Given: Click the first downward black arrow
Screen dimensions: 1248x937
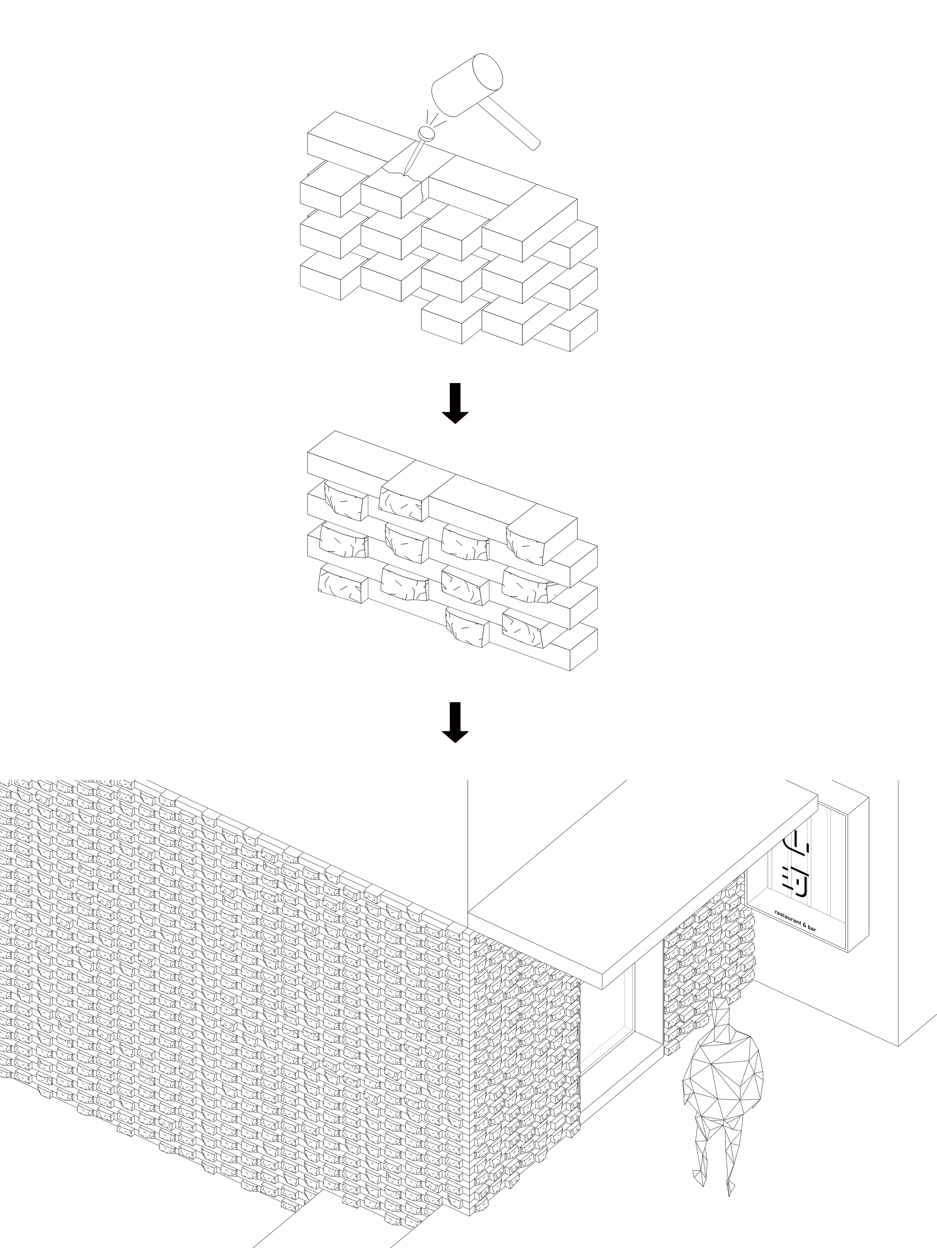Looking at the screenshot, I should tap(455, 403).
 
